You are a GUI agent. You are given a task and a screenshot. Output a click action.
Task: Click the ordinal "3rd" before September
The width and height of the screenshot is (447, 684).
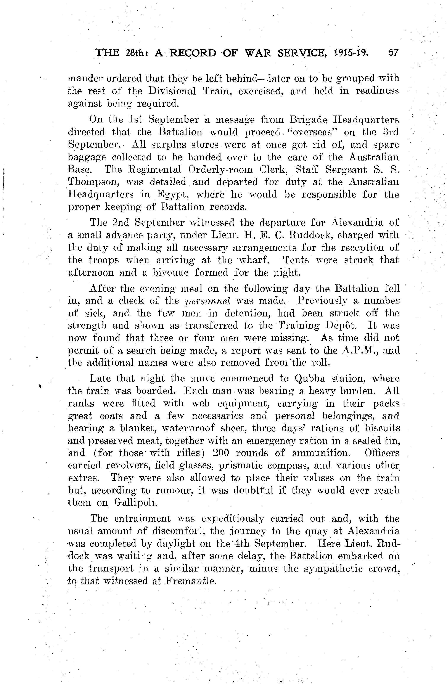coord(391,132)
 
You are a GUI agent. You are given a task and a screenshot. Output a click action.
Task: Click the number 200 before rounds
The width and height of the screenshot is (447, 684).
coord(220,453)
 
